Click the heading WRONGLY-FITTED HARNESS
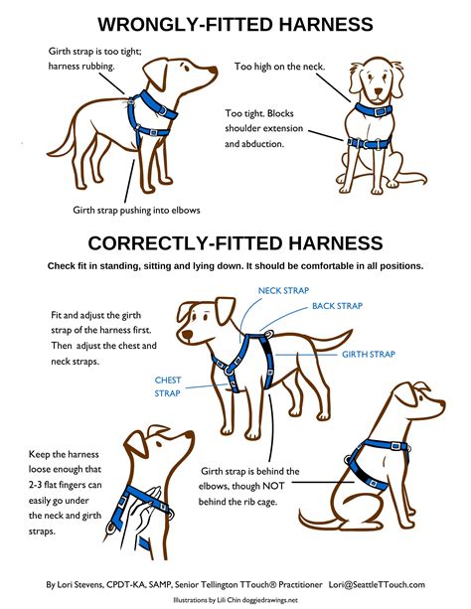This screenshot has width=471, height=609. [x=235, y=23]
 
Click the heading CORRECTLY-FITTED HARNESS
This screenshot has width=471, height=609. [x=235, y=243]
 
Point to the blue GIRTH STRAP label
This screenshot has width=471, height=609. [x=369, y=354]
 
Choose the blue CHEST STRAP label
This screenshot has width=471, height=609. [x=168, y=386]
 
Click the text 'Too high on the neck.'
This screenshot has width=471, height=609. [x=279, y=67]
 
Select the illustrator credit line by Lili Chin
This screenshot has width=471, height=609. [x=235, y=600]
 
